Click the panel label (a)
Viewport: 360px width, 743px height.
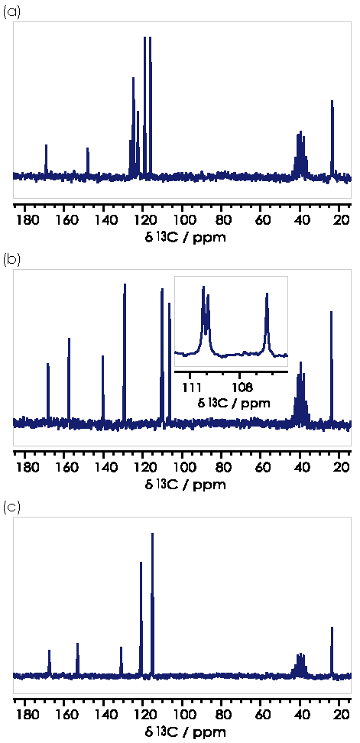(11, 12)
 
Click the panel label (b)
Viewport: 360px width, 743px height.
(11, 260)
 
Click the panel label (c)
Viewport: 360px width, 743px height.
(11, 508)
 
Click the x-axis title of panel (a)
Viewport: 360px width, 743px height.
(185, 237)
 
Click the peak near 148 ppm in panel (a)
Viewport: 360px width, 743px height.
(88, 162)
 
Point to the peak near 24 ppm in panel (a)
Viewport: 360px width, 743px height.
(332, 138)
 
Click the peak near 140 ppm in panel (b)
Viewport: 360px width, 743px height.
(102, 388)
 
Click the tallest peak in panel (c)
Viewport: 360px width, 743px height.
(153, 602)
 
